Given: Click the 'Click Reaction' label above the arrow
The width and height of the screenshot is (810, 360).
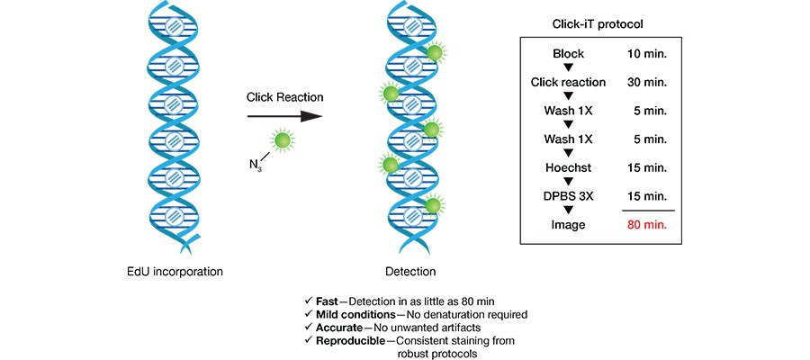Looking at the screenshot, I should click(284, 97).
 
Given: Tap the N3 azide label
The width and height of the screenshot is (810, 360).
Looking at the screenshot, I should click(256, 164).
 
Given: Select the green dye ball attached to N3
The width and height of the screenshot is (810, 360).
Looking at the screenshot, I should click(282, 140).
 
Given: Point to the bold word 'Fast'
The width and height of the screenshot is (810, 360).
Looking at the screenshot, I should click(328, 301).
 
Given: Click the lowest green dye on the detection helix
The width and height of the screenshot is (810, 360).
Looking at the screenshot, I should click(434, 206).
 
